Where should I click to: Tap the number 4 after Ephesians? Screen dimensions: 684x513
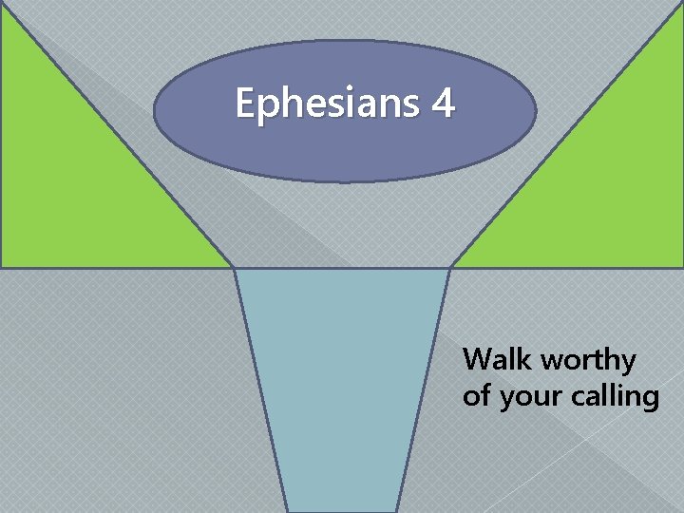[443, 103]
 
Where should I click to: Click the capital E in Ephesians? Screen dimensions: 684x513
[245, 103]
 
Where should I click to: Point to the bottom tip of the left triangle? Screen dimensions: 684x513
[233, 266]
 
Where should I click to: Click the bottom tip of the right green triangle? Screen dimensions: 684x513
[451, 266]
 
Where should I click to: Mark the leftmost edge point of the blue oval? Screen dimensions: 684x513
[154, 111]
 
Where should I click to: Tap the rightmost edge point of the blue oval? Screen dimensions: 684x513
[537, 111]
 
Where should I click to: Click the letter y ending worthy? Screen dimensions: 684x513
[628, 364]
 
